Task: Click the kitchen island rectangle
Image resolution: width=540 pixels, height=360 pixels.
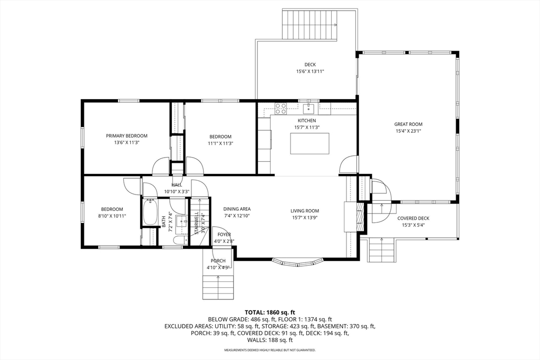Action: click(x=310, y=143)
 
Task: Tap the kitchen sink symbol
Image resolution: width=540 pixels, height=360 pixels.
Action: click(x=308, y=109)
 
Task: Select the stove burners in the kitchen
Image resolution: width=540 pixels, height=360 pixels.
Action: click(x=281, y=109)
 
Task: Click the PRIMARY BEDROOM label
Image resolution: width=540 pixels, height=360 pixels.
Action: click(x=127, y=136)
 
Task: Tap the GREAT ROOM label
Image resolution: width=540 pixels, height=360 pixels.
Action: click(x=409, y=124)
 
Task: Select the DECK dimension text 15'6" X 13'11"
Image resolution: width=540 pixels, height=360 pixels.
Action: click(x=310, y=72)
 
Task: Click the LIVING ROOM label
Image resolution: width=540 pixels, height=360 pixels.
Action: click(x=305, y=211)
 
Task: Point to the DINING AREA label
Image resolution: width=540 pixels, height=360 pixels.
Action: click(x=237, y=209)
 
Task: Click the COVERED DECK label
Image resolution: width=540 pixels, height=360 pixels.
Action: click(x=413, y=218)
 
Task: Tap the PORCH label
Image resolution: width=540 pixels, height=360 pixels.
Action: click(x=218, y=261)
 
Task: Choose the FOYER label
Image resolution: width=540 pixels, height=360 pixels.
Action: click(x=224, y=235)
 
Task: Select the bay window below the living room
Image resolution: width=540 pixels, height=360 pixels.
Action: click(x=297, y=262)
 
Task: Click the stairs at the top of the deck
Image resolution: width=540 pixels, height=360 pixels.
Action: click(x=310, y=24)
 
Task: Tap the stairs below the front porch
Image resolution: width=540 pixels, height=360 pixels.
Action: click(x=218, y=284)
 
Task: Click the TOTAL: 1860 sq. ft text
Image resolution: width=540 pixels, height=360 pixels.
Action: click(x=270, y=313)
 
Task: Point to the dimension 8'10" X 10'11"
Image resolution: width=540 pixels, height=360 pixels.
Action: click(x=112, y=216)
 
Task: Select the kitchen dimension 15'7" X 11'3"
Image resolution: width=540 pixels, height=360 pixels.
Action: click(x=307, y=128)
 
